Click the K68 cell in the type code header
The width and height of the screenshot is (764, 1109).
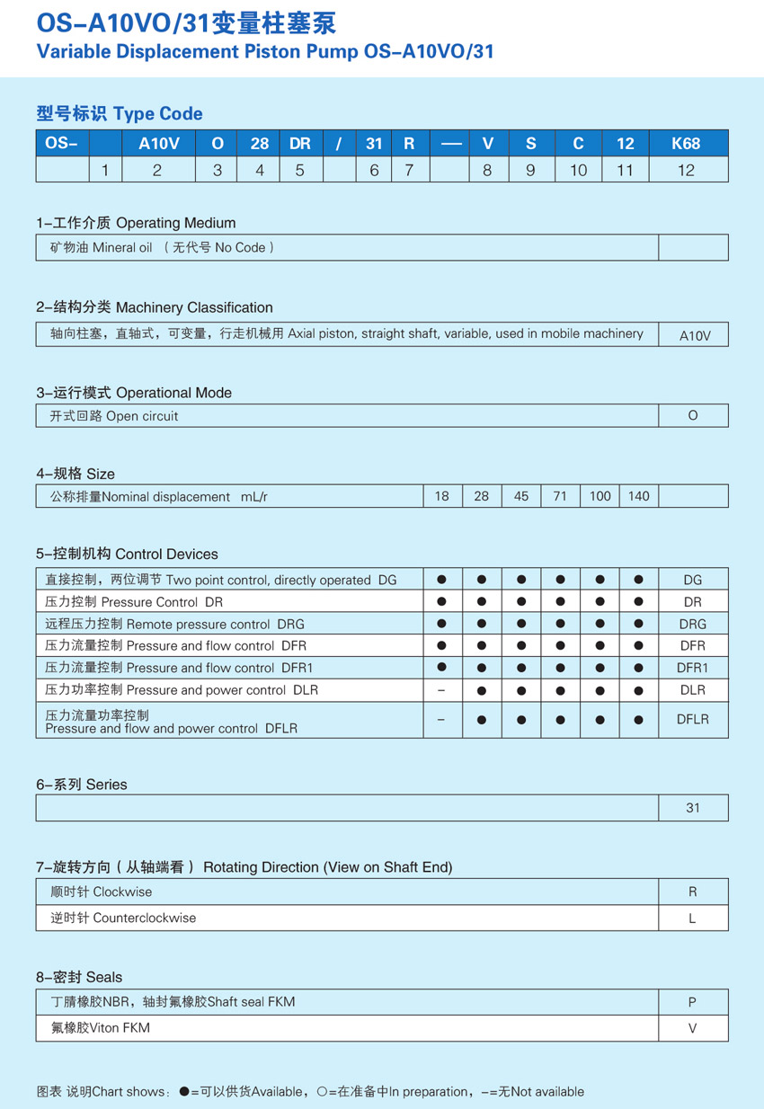point(686,144)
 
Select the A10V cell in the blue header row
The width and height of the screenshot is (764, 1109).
point(157,144)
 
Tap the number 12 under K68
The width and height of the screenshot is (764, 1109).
point(686,170)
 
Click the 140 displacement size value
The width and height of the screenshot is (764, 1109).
point(639,496)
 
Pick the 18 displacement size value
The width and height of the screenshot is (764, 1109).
point(441,496)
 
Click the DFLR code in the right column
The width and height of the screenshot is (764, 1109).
point(692,720)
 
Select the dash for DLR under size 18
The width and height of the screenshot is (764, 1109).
point(441,690)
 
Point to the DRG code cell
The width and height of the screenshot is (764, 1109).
point(692,624)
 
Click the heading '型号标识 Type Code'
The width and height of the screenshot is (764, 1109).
point(120,114)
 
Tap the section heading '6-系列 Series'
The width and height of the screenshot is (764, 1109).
point(82,785)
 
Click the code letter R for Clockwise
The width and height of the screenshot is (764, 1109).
point(692,892)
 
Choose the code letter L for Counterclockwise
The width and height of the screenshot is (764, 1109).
point(692,918)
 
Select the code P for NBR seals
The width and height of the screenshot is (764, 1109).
point(692,1002)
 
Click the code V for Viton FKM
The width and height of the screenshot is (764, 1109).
point(692,1028)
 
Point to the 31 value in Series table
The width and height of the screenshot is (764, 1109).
point(692,808)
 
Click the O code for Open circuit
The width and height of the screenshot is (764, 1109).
point(692,416)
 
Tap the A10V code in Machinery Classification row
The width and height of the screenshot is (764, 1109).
point(694,335)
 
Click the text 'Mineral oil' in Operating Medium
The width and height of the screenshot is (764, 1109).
point(122,247)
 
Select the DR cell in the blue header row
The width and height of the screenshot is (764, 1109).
point(299,144)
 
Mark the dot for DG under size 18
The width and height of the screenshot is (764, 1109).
point(441,580)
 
